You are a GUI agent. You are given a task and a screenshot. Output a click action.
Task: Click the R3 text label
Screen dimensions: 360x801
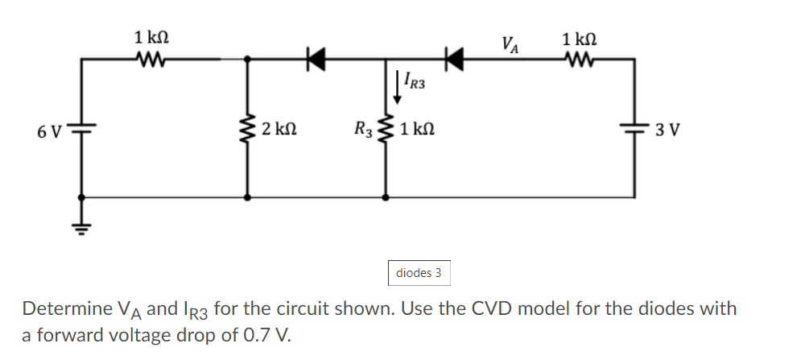pos(363,130)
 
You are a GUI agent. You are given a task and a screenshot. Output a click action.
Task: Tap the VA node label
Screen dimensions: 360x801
pos(510,43)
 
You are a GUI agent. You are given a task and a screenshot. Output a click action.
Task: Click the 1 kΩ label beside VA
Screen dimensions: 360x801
pos(580,38)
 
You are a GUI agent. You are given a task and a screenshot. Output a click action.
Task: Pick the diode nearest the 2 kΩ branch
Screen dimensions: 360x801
pos(314,58)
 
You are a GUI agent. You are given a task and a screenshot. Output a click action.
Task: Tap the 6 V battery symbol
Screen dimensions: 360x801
pos(81,128)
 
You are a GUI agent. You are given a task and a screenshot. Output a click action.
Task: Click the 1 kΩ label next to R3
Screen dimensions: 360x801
pos(419,130)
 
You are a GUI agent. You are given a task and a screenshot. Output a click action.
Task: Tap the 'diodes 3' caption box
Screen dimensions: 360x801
pos(419,273)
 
